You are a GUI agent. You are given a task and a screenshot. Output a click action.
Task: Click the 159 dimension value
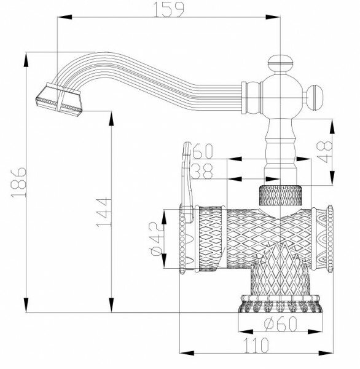(168, 11)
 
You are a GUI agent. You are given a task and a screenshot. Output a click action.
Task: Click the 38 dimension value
(203, 170)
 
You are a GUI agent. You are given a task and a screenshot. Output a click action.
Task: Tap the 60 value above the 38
(203, 151)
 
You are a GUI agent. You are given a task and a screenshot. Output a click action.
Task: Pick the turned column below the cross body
(280, 148)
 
